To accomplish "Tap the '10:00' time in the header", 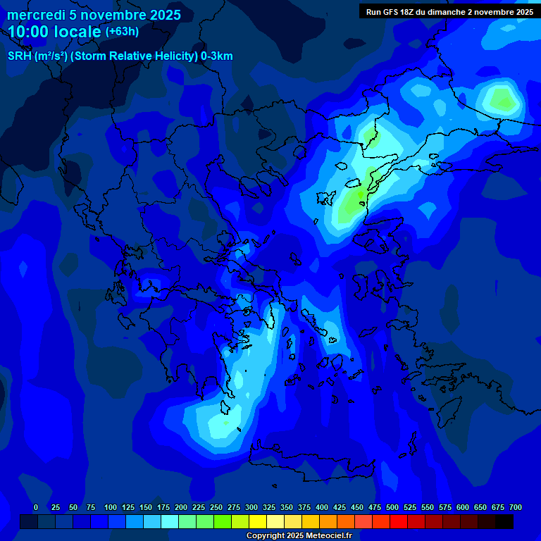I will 30,32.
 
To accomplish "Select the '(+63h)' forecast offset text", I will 122,32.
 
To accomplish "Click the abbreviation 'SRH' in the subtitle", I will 19,56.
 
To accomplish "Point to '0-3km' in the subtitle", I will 217,56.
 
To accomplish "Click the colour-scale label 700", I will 516,507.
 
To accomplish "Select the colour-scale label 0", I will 36,507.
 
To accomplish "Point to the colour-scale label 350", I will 287,507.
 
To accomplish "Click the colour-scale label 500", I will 392,507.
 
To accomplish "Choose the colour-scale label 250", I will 216,507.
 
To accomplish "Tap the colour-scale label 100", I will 111,507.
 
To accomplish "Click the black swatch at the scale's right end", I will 504,521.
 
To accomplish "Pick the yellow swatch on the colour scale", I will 258,521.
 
